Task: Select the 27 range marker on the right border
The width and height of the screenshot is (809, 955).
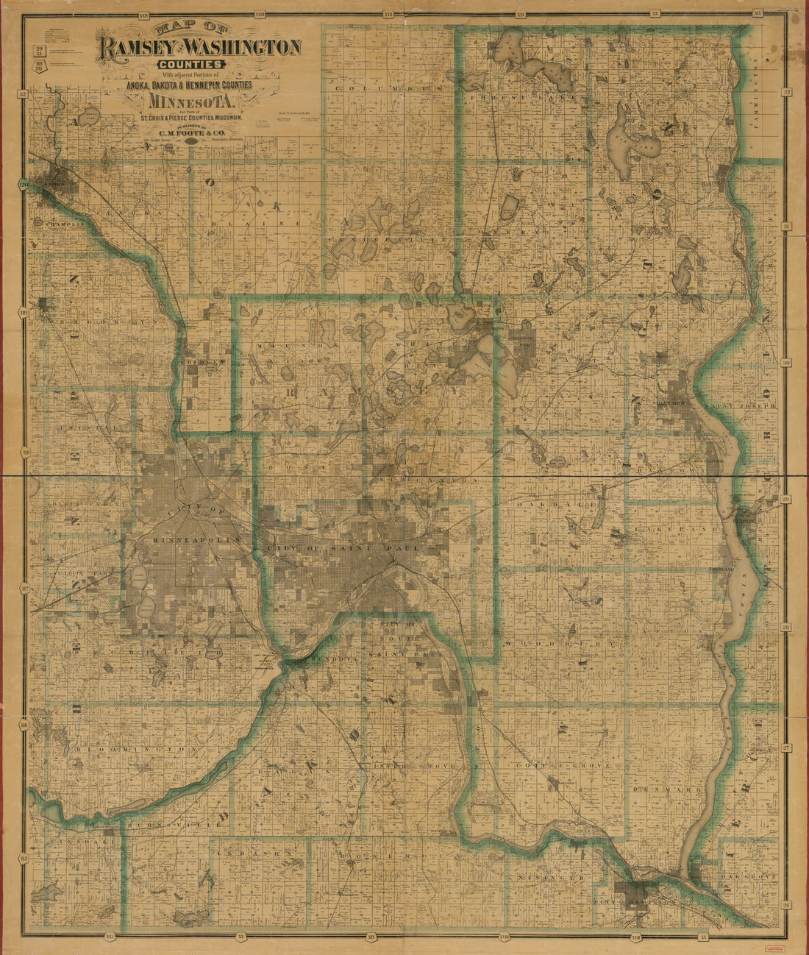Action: click(x=785, y=747)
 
